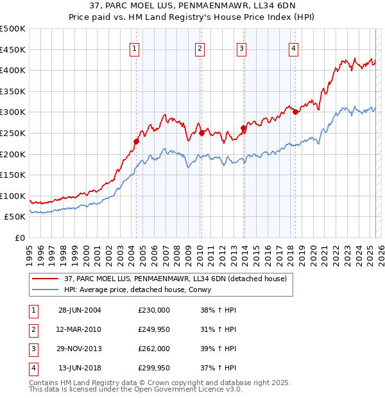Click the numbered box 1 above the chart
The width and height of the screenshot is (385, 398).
coord(135,48)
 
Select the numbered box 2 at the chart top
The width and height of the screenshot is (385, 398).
coord(200,48)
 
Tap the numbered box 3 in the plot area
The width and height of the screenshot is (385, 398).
coord(242,48)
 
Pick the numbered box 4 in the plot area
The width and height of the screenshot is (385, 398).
coord(293,48)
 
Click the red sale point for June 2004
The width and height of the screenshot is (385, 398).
coord(136,141)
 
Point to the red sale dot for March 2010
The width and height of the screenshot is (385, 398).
coord(201,133)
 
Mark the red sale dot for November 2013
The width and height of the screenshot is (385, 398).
coord(243,128)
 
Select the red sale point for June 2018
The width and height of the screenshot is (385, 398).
coord(295,112)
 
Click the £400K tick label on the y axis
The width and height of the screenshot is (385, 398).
coord(13,71)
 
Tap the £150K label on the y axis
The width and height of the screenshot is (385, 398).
coord(13,175)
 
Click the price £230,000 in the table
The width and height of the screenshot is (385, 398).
coord(154,310)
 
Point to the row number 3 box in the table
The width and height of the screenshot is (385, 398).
coord(33,349)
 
